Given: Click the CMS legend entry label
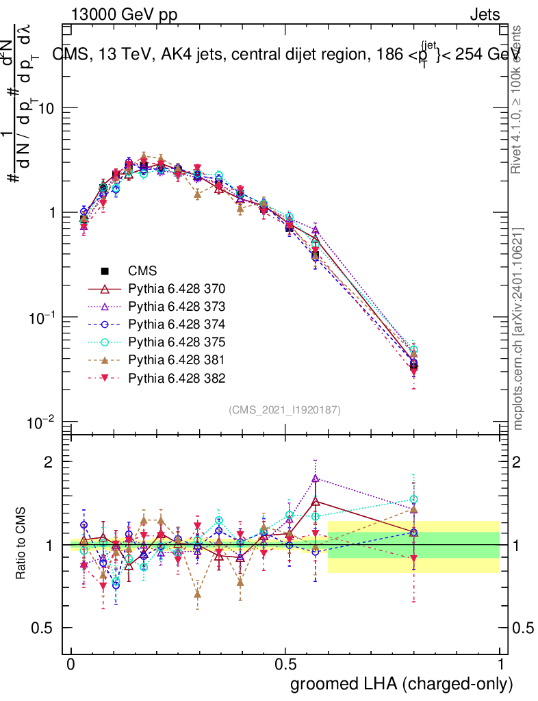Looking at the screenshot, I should [x=142, y=270].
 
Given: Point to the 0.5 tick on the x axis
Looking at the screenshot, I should [x=285, y=665].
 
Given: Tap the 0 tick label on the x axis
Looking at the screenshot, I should [x=71, y=665].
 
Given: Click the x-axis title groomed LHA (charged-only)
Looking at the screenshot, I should [x=402, y=684].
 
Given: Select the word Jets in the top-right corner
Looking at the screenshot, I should [x=485, y=14].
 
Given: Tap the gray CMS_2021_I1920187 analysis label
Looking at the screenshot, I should [x=285, y=409].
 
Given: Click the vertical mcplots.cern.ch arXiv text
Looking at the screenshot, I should [x=519, y=329].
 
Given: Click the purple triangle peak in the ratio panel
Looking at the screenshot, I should [x=316, y=479].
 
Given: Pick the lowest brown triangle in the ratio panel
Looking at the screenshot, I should [x=198, y=594].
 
